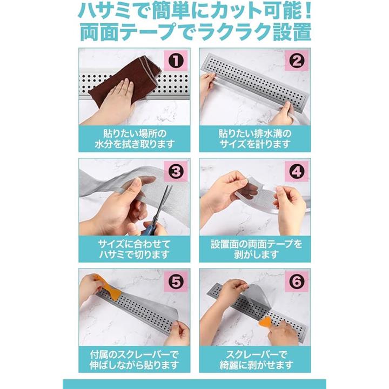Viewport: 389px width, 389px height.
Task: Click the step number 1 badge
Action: click(176, 61)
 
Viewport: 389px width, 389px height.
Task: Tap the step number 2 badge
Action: click(297, 61)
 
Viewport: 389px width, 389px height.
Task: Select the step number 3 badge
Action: click(176, 171)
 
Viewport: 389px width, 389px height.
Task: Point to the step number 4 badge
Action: click(297, 171)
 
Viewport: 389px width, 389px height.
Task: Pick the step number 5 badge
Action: click(176, 281)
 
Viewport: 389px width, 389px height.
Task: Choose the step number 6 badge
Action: click(297, 281)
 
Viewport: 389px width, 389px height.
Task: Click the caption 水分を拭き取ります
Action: click(135, 144)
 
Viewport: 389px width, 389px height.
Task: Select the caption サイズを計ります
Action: click(255, 144)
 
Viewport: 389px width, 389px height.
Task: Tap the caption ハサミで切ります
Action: click(134, 254)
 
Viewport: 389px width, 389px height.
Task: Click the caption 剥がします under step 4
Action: click(256, 254)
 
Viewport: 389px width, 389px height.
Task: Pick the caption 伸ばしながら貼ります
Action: click(134, 365)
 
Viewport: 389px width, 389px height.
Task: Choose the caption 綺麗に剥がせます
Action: click(256, 365)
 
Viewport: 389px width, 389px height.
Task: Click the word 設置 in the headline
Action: click(292, 32)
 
